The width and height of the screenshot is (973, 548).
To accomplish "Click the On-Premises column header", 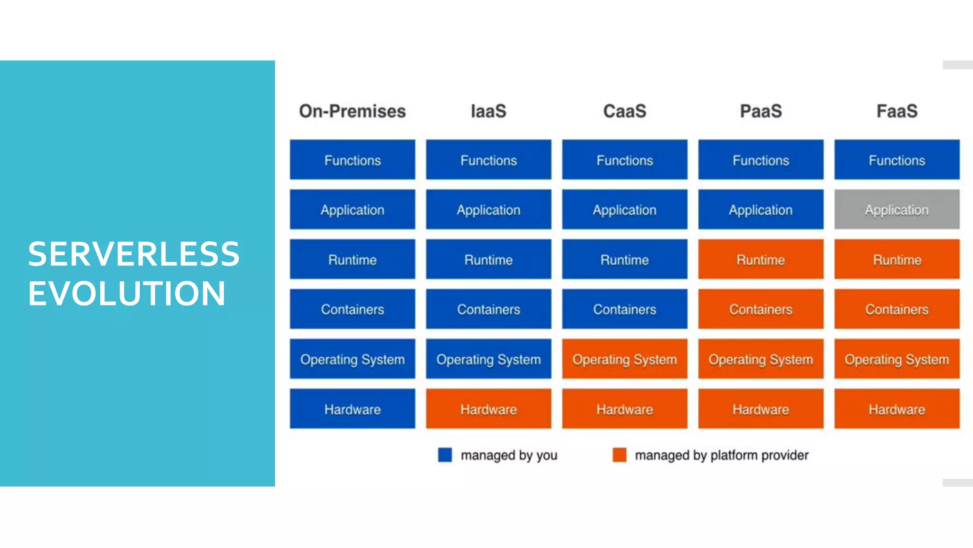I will pos(352,111).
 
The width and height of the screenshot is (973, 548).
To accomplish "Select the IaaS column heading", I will pos(488,111).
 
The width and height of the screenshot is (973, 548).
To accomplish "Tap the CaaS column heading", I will pos(624,111).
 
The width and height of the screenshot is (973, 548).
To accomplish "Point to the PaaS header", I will pos(761,111).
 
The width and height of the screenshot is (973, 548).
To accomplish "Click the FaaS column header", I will pos(897,111).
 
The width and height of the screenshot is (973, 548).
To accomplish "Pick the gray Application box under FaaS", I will pos(897,210).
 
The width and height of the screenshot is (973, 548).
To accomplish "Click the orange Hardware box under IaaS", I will pos(488,409).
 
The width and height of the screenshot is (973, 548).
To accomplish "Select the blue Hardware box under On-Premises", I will pos(352,409).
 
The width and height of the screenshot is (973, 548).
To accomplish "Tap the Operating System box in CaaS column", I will pos(624,359).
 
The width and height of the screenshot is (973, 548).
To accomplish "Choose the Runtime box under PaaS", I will pos(761,260).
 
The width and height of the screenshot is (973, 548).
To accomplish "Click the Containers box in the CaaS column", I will pos(624,309).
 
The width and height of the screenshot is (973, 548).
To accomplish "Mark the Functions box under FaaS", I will pos(897,160).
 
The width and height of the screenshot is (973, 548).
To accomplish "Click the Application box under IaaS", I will pos(488,210).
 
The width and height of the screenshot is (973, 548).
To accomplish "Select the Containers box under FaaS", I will pos(897,309).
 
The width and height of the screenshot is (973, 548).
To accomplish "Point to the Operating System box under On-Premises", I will pos(352,359).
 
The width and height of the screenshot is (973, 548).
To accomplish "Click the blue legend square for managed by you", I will pos(445,455).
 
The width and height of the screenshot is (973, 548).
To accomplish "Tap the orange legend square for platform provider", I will pos(619,455).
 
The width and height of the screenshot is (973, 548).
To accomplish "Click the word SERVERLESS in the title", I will pos(134,254).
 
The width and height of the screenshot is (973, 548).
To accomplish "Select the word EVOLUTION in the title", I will pos(126,294).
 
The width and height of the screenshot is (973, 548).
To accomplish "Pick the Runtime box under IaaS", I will pos(488,260).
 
